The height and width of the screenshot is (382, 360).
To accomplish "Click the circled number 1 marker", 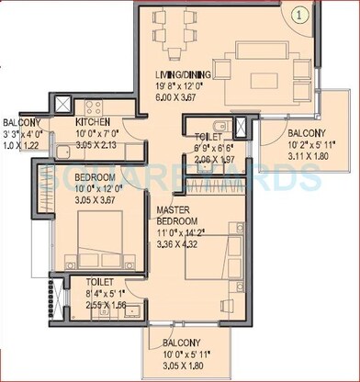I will pos(300,16).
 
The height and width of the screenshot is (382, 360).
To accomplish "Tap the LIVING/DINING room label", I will pos(186,76).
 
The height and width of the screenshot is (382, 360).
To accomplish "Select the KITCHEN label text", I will pos(93,121).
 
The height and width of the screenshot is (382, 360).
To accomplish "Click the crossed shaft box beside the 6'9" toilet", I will pos(240,128).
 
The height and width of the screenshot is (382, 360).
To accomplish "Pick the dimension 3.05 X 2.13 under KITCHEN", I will pos(92,145).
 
